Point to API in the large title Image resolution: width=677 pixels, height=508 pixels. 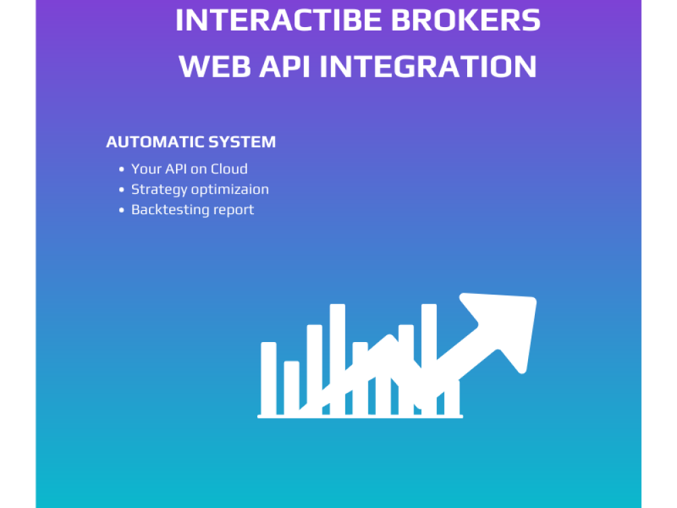tap(288, 66)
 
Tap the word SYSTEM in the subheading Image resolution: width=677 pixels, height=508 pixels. tap(242, 142)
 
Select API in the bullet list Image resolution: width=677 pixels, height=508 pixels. tap(177, 169)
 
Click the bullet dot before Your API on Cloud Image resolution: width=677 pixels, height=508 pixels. tap(122, 169)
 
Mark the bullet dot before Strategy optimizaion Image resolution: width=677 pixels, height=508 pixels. tap(122, 190)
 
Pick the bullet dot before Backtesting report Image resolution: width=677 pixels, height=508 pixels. tap(122, 210)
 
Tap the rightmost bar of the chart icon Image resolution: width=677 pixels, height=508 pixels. tap(452, 396)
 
